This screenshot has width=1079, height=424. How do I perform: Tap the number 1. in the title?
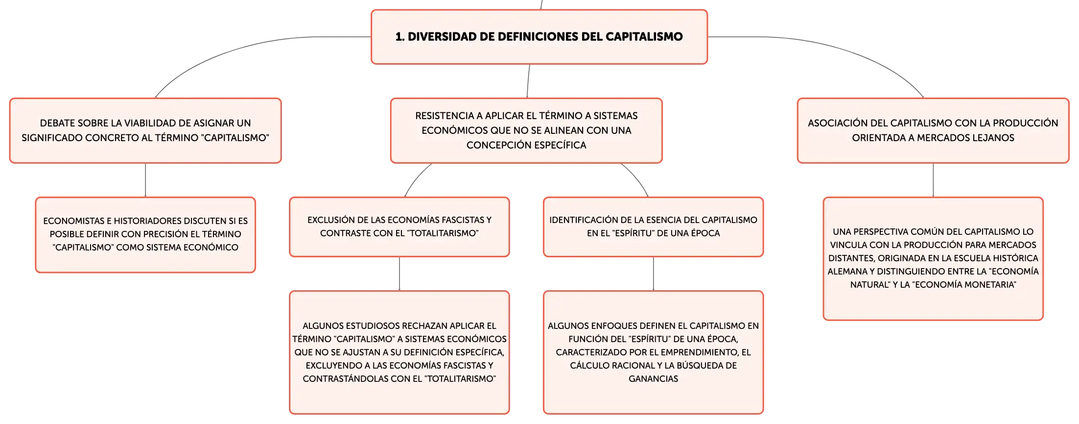(x=400, y=37)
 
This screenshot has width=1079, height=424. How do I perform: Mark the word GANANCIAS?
(x=654, y=379)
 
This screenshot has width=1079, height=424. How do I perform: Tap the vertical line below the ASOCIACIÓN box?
(x=933, y=180)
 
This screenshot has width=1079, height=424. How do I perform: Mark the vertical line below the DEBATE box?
(x=145, y=180)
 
